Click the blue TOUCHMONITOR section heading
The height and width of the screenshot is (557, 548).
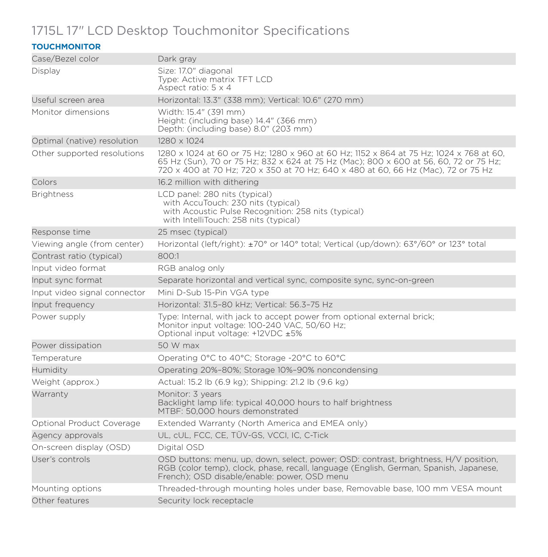pyautogui.click(x=66, y=47)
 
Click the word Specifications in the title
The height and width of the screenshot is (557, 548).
pyautogui.click(x=306, y=31)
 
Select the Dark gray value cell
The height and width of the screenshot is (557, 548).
pyautogui.click(x=177, y=59)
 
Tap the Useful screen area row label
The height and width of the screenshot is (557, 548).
pyautogui.click(x=68, y=100)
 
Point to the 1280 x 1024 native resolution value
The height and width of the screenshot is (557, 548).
pyautogui.click(x=181, y=141)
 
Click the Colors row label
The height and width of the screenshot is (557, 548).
pyautogui.click(x=44, y=182)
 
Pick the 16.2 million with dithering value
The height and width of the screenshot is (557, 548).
pyautogui.click(x=208, y=182)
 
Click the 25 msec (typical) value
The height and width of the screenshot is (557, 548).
pyautogui.click(x=193, y=232)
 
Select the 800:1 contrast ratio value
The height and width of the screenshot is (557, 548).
pyautogui.click(x=168, y=256)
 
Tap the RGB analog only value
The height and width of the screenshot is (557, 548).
pyautogui.click(x=191, y=268)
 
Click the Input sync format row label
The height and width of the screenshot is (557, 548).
pyautogui.click(x=67, y=280)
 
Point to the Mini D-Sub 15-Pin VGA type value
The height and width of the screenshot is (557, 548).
pyautogui.click(x=213, y=293)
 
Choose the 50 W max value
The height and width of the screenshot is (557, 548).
pyautogui.click(x=178, y=346)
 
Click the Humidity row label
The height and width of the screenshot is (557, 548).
pyautogui.click(x=49, y=370)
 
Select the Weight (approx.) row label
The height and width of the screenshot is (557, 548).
pyautogui.click(x=65, y=382)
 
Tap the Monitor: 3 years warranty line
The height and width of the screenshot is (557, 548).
pyautogui.click(x=190, y=394)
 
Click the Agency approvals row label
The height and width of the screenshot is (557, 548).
pyautogui.click(x=67, y=435)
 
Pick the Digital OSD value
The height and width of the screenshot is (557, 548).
pyautogui.click(x=181, y=447)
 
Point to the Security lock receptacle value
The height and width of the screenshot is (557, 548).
pyautogui.click(x=205, y=501)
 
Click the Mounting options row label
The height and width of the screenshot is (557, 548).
pyautogui.click(x=67, y=489)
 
